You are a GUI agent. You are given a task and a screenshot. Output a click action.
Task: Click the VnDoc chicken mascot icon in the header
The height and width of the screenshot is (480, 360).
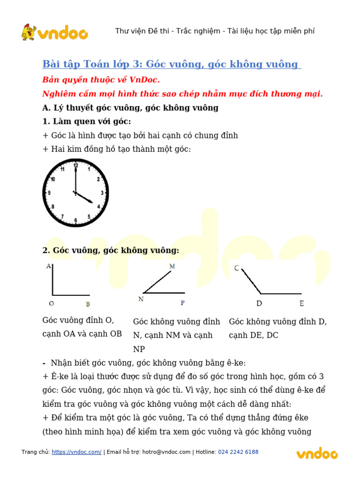[29, 32]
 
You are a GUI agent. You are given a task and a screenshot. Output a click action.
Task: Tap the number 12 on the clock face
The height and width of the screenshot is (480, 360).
[75, 165]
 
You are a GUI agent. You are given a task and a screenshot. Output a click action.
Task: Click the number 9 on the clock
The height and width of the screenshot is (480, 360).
[49, 193]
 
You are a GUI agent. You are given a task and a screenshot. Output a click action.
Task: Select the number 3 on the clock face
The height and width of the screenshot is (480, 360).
[102, 193]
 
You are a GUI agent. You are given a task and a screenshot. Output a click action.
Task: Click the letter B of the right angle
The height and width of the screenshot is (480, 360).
[88, 304]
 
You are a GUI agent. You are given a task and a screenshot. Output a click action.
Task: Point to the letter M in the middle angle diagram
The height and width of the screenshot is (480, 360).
[172, 266]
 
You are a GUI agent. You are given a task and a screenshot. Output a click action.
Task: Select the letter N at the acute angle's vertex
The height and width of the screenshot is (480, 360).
[141, 299]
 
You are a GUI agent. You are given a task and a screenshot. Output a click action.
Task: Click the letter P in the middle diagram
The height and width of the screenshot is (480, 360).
[183, 303]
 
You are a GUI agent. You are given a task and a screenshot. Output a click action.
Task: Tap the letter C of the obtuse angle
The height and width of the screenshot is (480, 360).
[237, 268]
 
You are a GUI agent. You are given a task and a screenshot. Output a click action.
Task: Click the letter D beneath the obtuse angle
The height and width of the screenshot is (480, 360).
[259, 304]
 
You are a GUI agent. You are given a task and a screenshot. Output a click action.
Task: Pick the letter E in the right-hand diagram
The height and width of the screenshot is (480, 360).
[301, 304]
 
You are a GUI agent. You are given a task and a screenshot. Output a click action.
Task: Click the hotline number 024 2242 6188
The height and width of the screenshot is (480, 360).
[238, 452]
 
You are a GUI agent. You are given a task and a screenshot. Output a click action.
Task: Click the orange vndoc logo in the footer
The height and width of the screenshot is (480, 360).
[317, 453]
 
